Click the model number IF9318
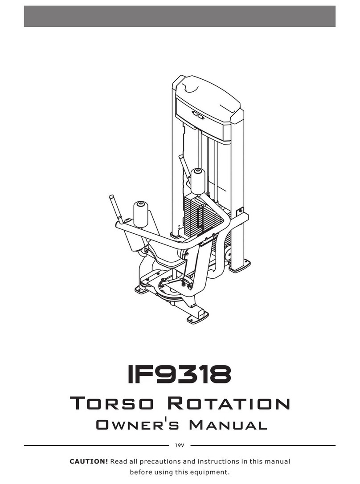coord(180,374)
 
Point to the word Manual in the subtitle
coord(228,425)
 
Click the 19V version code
coord(180,446)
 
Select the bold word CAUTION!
coord(89,462)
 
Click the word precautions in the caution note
coord(160,462)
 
